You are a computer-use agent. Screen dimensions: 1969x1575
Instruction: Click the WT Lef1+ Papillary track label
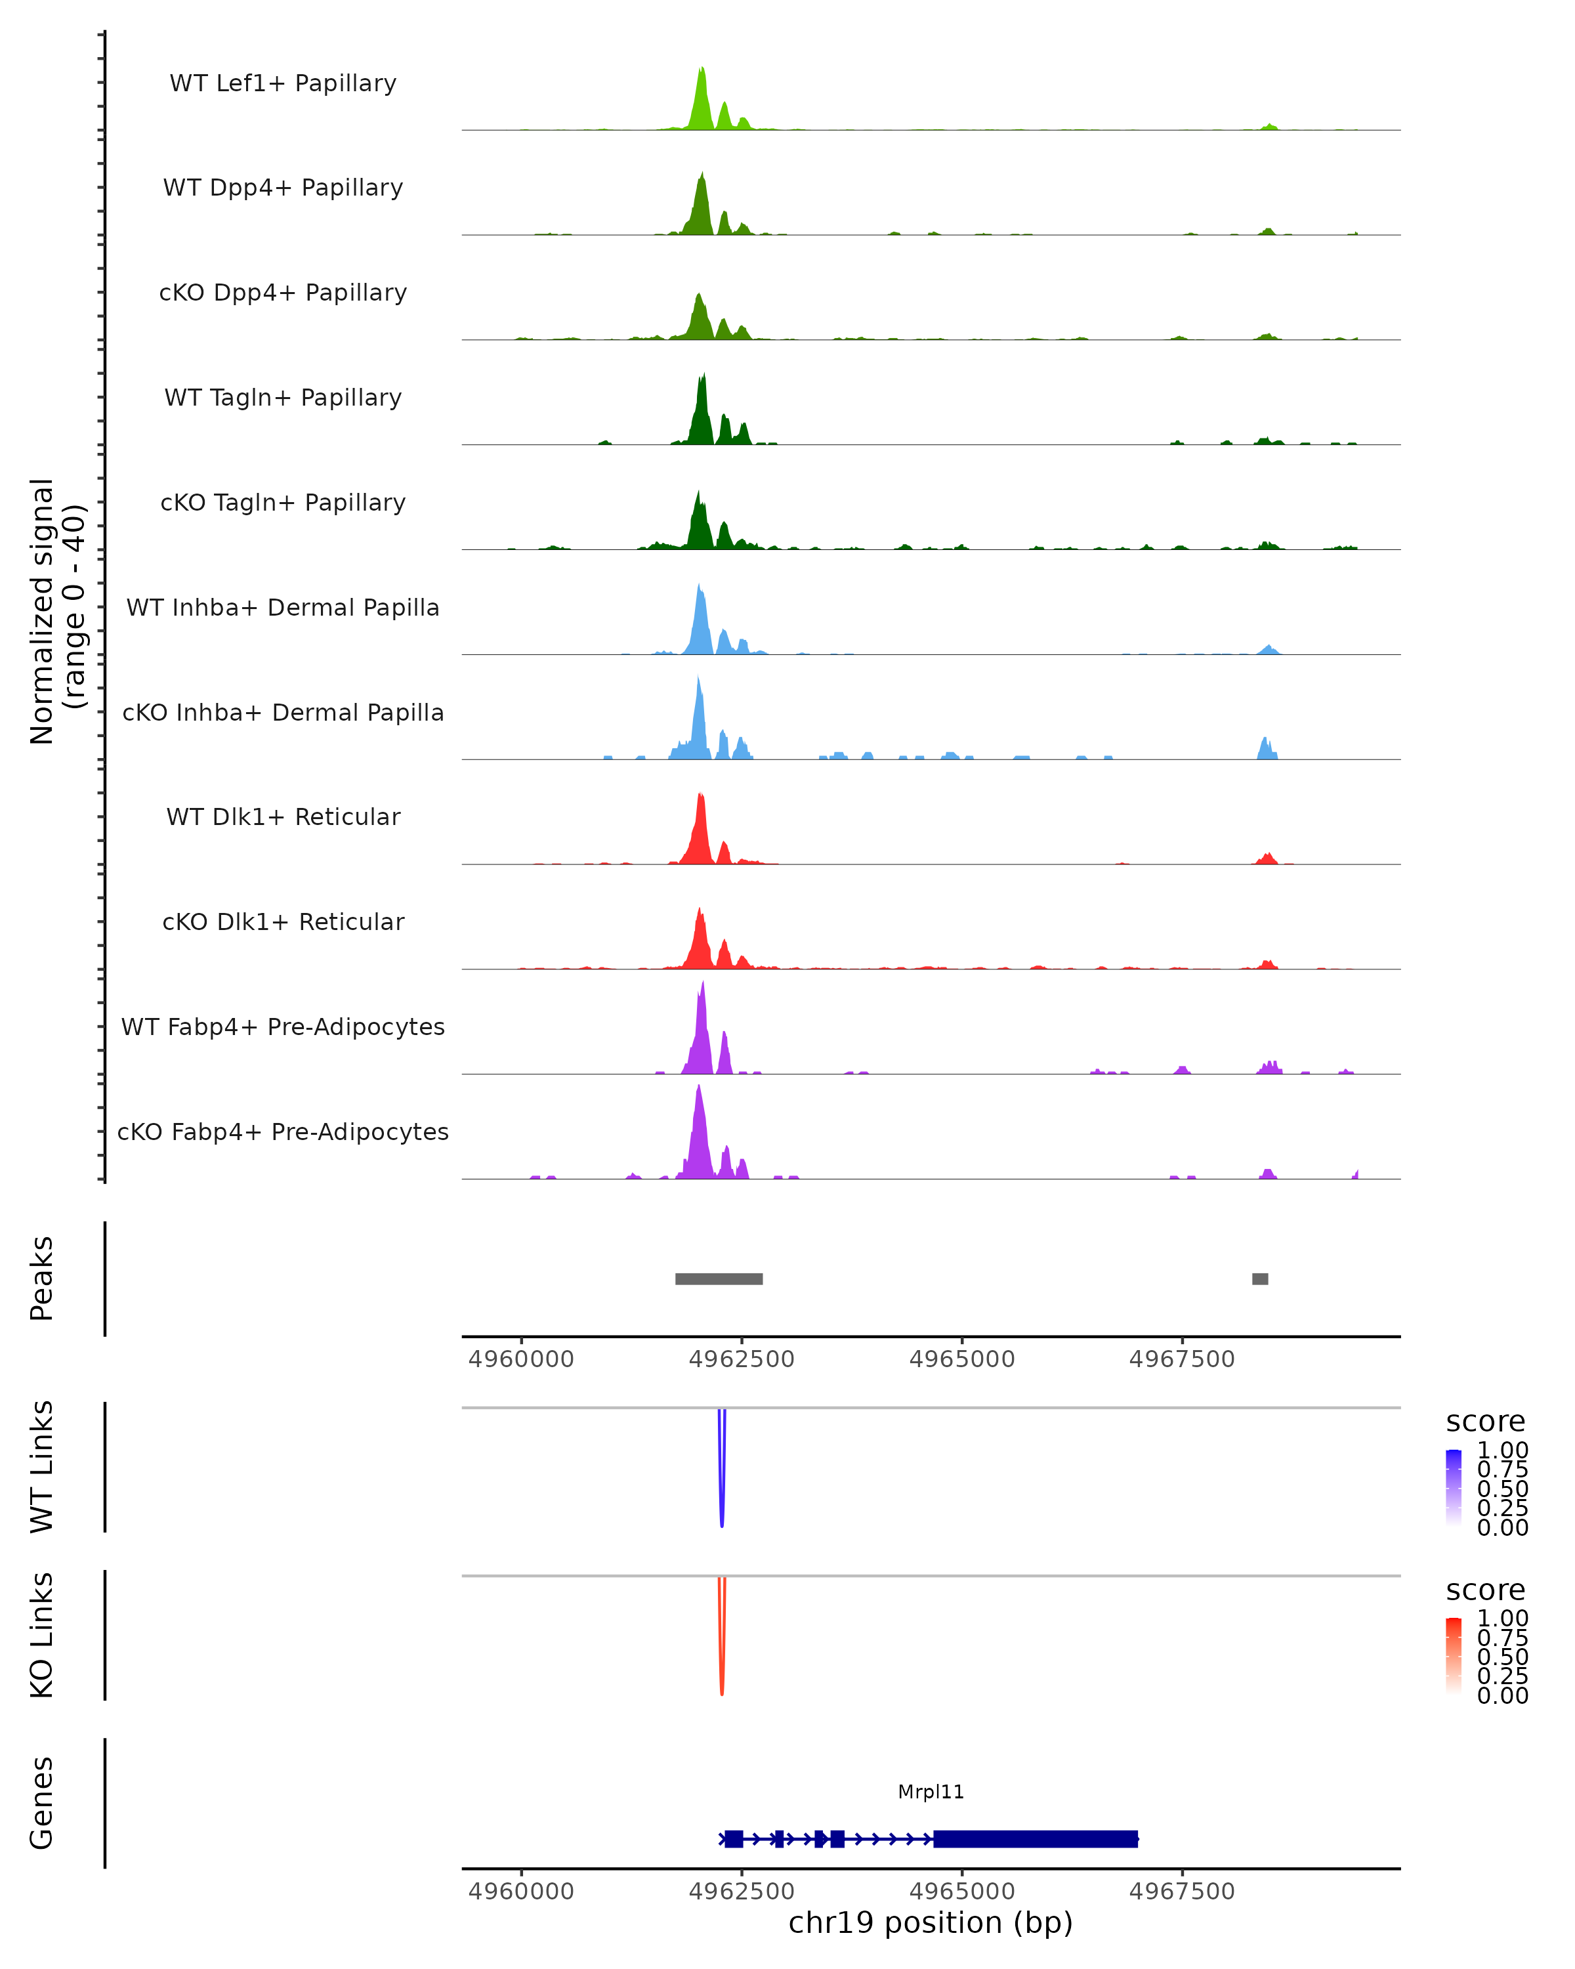pos(283,83)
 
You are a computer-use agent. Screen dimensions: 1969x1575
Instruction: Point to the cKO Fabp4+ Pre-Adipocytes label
pos(283,1132)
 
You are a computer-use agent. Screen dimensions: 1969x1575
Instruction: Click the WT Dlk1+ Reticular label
pos(283,816)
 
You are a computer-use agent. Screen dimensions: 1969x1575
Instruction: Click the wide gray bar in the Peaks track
pos(719,1279)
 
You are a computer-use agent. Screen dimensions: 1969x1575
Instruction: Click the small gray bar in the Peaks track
pos(1260,1279)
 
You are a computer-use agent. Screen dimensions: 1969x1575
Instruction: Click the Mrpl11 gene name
pos(931,1792)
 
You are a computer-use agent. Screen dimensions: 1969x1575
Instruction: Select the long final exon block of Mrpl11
pos(1036,1838)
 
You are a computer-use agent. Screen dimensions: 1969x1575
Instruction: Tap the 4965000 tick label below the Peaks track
pos(961,1359)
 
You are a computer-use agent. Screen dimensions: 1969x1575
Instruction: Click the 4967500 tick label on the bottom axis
pos(1181,1892)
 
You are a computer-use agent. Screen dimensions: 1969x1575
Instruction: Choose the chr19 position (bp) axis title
pos(931,1923)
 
